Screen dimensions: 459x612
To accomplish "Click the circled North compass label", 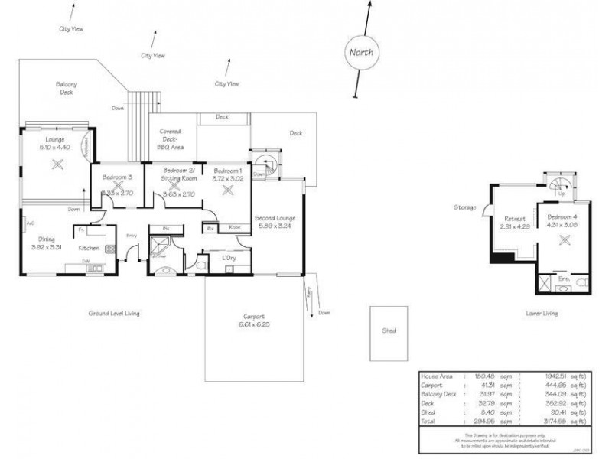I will coord(361,53).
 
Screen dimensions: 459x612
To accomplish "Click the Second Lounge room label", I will coord(275,218).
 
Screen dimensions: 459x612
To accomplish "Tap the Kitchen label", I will coord(90,249).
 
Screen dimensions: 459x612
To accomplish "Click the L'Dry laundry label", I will coord(228,257).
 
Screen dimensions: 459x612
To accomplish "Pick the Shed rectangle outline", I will coord(389,334).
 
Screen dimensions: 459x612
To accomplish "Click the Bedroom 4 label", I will coord(563,217).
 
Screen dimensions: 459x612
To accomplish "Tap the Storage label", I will coord(464,207).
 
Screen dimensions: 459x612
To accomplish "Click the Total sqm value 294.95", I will coord(480,421).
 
